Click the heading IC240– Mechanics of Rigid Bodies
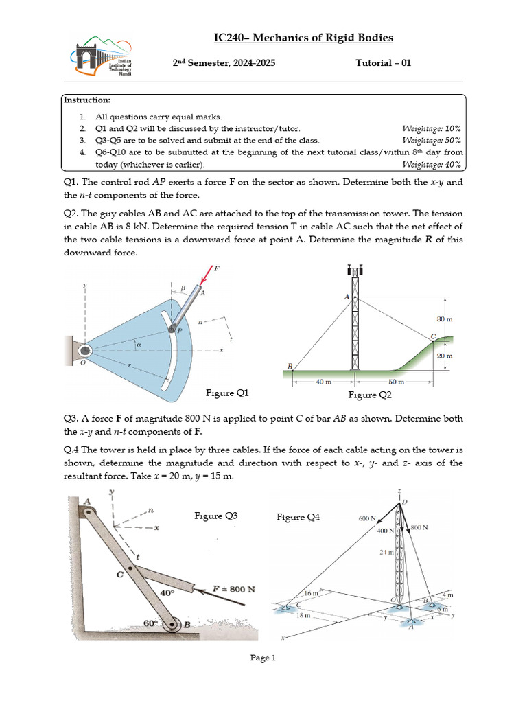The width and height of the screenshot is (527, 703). pos(303,38)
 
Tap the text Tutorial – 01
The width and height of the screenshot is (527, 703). pos(383,63)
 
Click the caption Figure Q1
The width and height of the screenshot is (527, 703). pos(227,393)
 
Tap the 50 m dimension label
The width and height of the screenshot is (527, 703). pos(396,382)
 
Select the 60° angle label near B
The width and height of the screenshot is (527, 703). pos(150,623)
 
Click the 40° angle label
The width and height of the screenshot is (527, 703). pos(167,592)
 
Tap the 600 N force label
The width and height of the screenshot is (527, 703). pos(367,519)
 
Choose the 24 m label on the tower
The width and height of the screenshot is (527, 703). pos(388,551)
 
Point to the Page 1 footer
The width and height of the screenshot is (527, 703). pos(263,658)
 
